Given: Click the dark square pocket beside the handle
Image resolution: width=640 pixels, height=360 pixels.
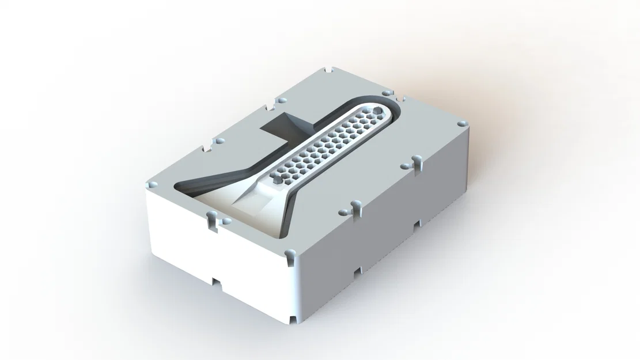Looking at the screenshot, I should point(283,126).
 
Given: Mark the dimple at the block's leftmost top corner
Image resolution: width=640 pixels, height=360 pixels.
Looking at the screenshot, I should point(152,185).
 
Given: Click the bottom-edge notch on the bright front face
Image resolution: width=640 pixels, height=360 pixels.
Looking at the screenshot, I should point(216,282).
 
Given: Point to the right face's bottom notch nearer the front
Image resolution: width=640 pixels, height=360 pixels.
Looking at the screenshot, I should point(358,268).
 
